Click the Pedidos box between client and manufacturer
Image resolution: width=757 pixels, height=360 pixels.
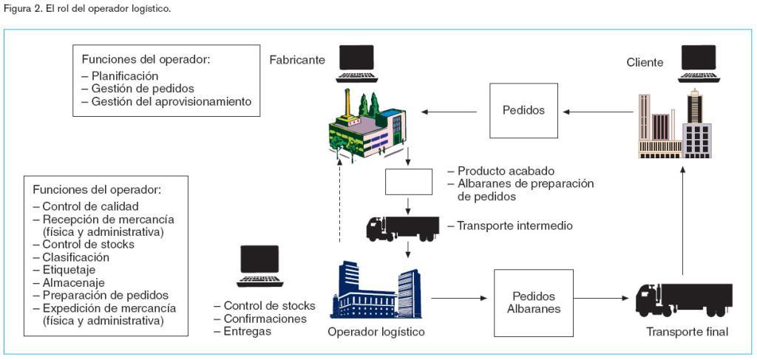coord(523,111)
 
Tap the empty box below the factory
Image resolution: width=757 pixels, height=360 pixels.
coord(409,181)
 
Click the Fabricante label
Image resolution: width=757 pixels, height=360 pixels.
coord(296,60)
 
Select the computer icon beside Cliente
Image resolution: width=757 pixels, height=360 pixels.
coord(699,64)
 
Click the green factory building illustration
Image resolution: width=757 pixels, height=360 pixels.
coord(367,126)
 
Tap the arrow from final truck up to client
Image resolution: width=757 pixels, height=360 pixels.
coord(684,222)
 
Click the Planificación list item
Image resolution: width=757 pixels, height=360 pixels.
coord(124,76)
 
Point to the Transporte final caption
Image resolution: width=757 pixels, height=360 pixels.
coord(688,332)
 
